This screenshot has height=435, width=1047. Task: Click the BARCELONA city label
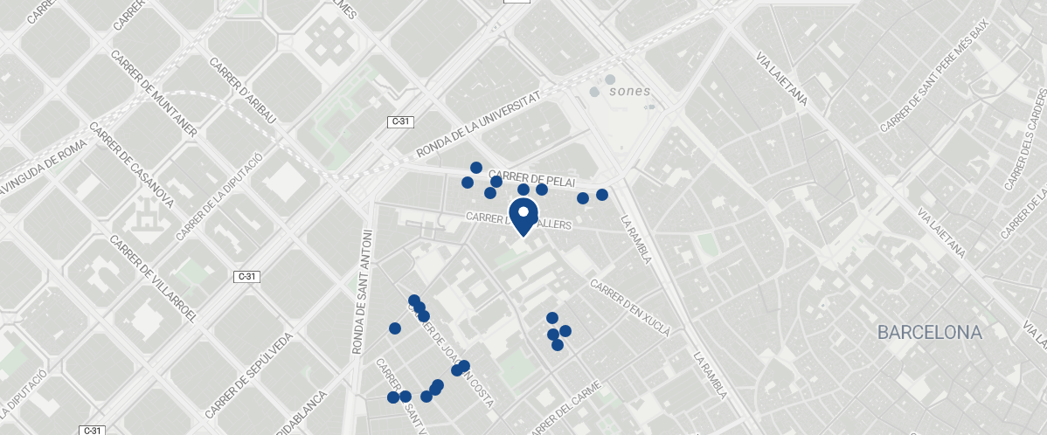pos(930,333)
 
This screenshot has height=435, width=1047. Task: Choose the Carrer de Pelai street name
pos(532,177)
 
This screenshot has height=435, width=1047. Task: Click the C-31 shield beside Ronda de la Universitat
pos(399,122)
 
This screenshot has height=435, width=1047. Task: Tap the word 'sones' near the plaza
pos(630,91)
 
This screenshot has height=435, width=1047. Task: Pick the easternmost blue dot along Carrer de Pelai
pos(602,194)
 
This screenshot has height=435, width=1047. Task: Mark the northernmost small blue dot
pos(476,167)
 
